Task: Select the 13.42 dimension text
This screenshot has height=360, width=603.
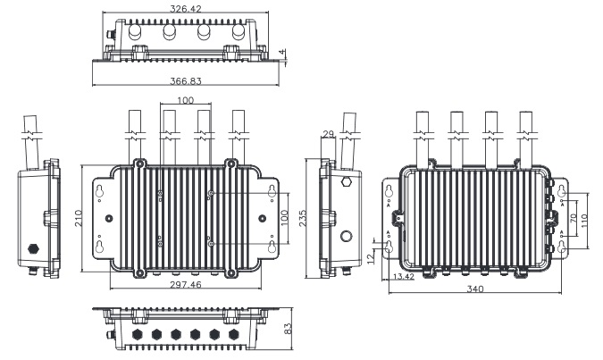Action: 403,277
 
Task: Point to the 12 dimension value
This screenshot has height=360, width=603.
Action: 370,258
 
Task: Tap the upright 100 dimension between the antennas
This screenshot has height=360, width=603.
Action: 185,100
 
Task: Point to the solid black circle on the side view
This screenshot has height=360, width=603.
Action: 35,246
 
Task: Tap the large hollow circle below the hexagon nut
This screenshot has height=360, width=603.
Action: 347,238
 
